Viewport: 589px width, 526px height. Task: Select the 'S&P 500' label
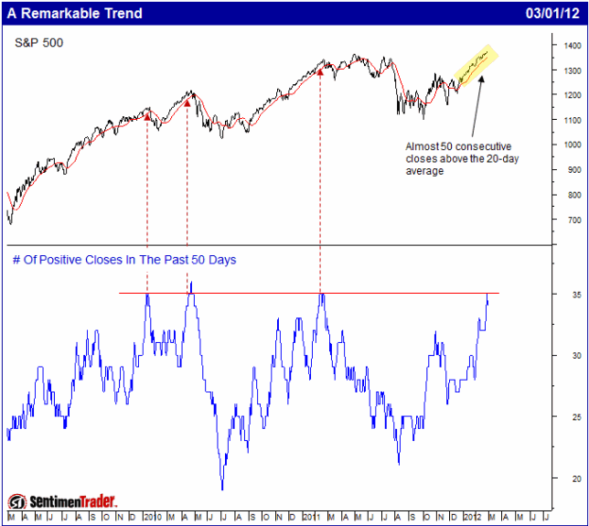pyautogui.click(x=39, y=43)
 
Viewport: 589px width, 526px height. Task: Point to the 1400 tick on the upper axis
pyautogui.click(x=573, y=45)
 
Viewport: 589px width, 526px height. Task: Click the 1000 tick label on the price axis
pyautogui.click(x=573, y=145)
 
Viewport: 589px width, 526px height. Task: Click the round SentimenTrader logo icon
pyautogui.click(x=16, y=501)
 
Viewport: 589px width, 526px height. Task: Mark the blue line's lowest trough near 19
pyautogui.click(x=222, y=488)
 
